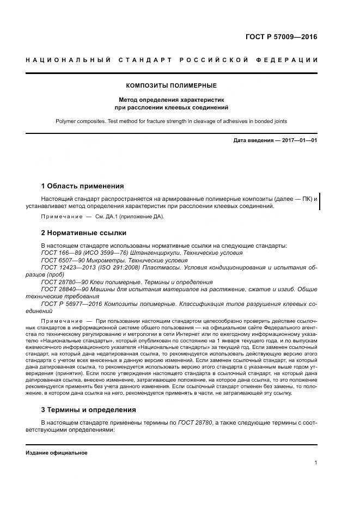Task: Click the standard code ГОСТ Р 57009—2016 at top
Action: (x=282, y=38)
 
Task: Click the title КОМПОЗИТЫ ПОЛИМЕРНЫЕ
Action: (x=172, y=86)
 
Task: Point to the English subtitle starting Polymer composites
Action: (x=172, y=121)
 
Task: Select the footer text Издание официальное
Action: (x=56, y=453)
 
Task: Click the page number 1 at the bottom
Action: (x=315, y=463)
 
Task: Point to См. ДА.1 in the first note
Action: (x=105, y=217)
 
